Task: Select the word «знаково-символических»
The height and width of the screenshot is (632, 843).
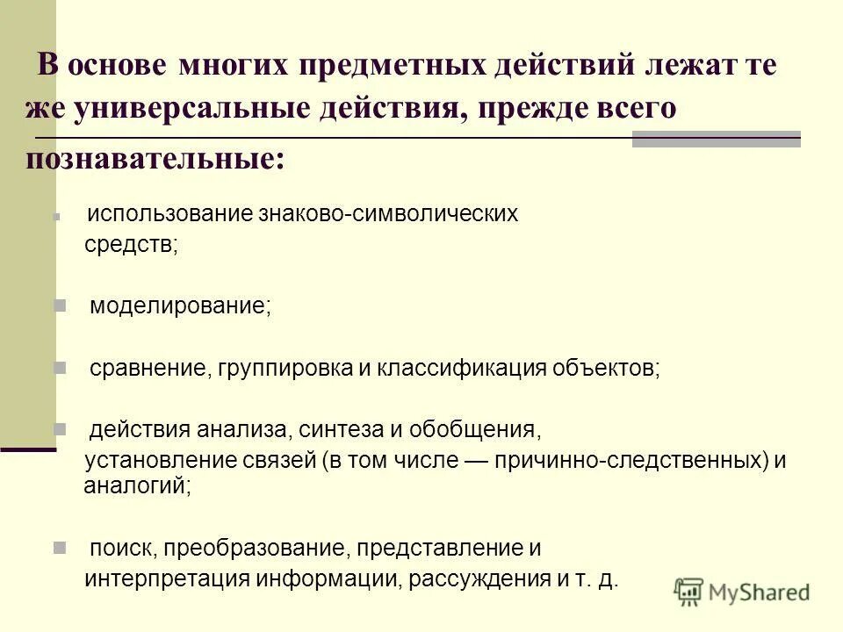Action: coord(388,213)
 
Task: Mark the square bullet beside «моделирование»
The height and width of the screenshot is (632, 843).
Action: coord(61,305)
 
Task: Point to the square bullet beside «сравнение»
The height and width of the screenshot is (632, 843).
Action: coord(61,367)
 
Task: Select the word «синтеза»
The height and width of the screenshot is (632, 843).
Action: coord(330,430)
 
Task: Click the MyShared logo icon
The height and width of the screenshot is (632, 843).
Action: coord(690,592)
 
